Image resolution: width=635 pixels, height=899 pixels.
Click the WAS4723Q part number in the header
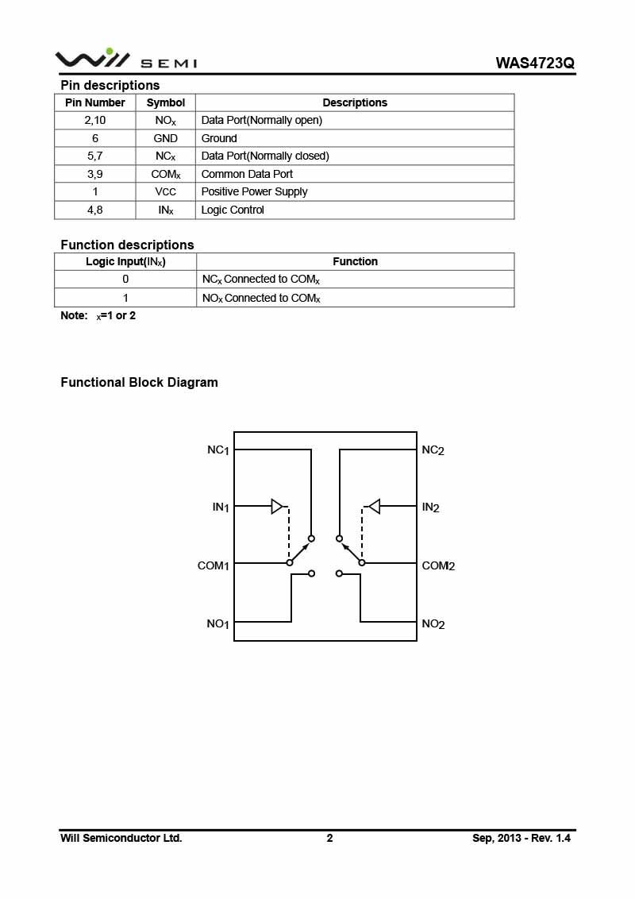(534, 63)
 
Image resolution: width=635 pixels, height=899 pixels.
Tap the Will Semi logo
(125, 60)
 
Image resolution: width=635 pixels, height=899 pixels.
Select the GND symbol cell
(166, 138)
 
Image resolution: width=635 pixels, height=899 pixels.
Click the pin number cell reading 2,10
(94, 120)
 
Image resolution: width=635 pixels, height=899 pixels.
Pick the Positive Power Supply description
(254, 191)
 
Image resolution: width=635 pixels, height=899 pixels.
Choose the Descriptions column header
(355, 102)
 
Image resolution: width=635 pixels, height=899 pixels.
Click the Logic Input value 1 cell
(125, 298)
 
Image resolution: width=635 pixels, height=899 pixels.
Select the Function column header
(355, 261)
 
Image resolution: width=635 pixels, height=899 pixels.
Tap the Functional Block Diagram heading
(139, 382)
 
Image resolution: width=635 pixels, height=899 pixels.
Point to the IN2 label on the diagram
(431, 507)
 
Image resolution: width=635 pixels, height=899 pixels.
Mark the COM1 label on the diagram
(214, 566)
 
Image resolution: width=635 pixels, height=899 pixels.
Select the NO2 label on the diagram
(433, 624)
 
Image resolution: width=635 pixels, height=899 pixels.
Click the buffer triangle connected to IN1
(276, 506)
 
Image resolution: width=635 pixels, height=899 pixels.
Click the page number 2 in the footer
(329, 838)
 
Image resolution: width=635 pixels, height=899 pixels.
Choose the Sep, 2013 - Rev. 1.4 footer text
(521, 838)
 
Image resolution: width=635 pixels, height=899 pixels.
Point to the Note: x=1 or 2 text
(98, 316)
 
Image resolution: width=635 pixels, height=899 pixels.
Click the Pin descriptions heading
(110, 85)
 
